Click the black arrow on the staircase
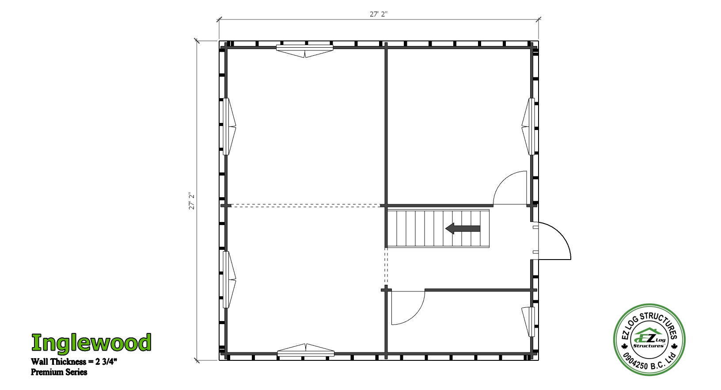463,228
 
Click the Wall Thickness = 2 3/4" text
74,362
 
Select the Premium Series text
59,372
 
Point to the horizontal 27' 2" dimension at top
379,14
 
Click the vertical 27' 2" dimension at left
192,201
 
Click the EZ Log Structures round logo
649,340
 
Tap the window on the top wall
304,51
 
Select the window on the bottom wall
306,350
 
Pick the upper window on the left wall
229,126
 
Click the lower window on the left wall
229,279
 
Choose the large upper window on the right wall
528,126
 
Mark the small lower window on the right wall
528,322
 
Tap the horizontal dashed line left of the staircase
306,206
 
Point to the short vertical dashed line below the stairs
386,266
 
